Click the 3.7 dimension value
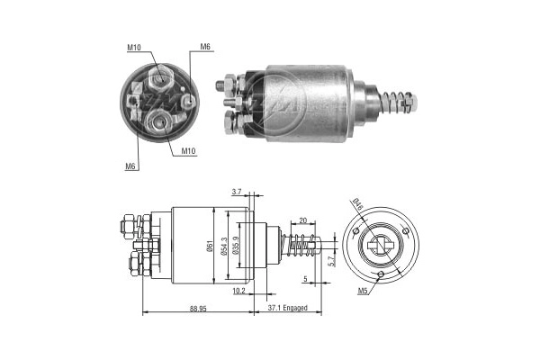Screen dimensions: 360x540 (237, 192)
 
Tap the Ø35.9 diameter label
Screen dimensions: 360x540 (236, 247)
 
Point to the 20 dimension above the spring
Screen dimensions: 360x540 (302, 220)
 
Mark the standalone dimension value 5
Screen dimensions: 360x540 (305, 279)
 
